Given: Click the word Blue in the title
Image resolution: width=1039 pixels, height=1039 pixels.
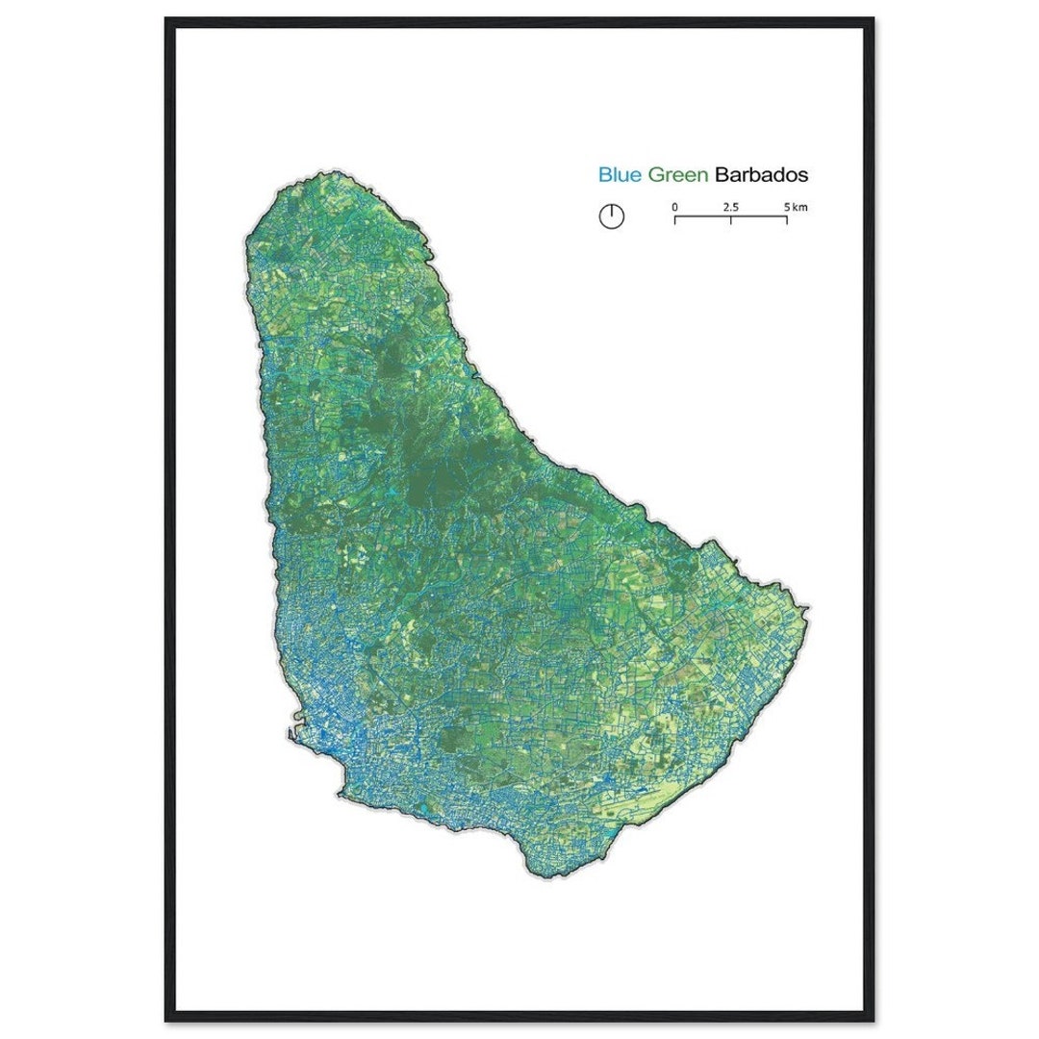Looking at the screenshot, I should [x=620, y=175].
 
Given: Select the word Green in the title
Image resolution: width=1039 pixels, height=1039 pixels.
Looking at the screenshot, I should [x=678, y=175].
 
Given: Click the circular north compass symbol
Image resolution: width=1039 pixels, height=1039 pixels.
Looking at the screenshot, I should [x=612, y=216].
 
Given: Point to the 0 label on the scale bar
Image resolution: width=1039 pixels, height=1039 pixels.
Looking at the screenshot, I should [x=674, y=207].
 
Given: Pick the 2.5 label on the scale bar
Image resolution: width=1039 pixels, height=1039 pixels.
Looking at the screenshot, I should [x=730, y=207].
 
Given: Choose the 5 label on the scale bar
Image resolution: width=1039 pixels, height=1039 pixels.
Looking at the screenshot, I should [x=786, y=207].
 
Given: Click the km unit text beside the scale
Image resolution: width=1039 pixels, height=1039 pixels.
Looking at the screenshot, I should [x=799, y=207].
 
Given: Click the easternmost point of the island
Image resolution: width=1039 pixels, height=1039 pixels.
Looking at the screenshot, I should [x=808, y=609].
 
